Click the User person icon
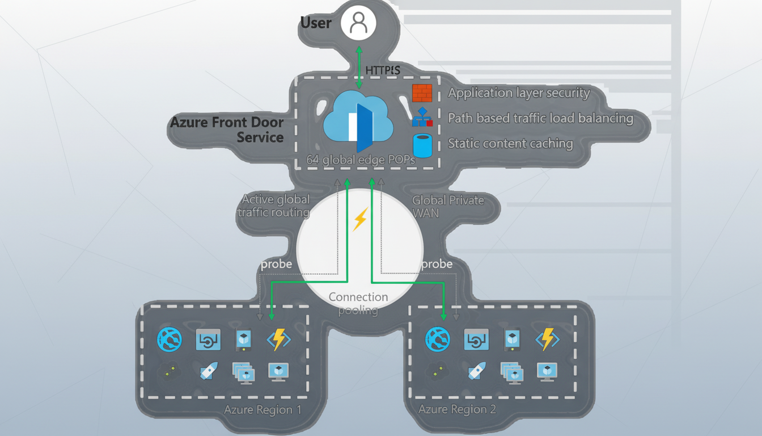358,23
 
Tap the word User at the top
316,23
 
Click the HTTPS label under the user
383,70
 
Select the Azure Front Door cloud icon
358,118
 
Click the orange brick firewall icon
422,93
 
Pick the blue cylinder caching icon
422,145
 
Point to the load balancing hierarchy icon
422,118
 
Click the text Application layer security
519,93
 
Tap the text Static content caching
510,143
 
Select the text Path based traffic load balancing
540,118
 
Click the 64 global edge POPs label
361,160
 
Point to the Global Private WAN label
448,206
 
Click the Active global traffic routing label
274,206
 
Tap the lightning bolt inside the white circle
360,219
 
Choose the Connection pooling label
358,303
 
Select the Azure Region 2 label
457,410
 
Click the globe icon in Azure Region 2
438,339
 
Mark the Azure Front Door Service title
227,129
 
